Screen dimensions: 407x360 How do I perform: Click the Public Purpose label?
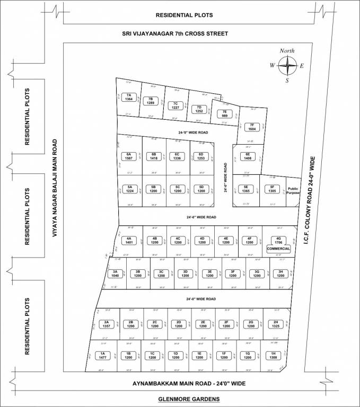click(293, 191)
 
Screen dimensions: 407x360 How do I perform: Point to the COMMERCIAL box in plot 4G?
click(279, 249)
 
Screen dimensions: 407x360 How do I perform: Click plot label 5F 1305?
click(272, 189)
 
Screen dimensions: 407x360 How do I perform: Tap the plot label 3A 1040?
click(113, 274)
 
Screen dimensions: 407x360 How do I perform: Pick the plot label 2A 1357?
click(106, 324)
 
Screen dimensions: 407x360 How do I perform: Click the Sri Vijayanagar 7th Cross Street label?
click(174, 34)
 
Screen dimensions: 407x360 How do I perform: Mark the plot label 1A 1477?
click(103, 356)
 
